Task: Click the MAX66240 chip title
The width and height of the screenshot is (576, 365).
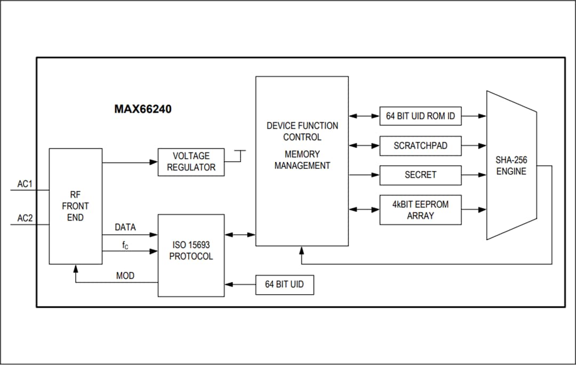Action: [x=143, y=109]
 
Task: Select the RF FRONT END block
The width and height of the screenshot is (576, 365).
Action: [x=75, y=206]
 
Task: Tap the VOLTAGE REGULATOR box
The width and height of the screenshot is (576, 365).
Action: [x=191, y=162]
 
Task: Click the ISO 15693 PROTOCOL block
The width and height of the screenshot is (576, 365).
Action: [x=191, y=251]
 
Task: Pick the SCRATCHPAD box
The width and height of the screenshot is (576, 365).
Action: [x=420, y=145]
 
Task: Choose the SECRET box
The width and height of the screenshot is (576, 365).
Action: [x=420, y=175]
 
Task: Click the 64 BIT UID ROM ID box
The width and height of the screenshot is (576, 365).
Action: [x=420, y=116]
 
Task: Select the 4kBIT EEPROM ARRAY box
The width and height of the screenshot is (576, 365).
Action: [x=420, y=210]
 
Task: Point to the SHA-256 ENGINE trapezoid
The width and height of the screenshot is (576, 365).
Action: [x=511, y=165]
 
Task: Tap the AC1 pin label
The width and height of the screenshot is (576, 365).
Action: [x=25, y=184]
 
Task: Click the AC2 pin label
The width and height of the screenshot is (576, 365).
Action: [x=25, y=218]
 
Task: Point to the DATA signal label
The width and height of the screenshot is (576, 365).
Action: [x=125, y=228]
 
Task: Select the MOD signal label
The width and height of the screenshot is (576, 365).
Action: [x=125, y=276]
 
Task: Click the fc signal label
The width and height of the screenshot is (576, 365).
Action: [x=125, y=245]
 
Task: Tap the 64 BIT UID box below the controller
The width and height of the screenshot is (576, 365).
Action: [x=284, y=285]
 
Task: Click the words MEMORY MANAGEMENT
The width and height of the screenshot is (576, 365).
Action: [x=302, y=160]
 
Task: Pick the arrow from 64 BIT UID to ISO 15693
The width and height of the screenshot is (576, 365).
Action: [x=240, y=285]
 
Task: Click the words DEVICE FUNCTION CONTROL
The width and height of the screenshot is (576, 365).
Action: [x=302, y=131]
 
